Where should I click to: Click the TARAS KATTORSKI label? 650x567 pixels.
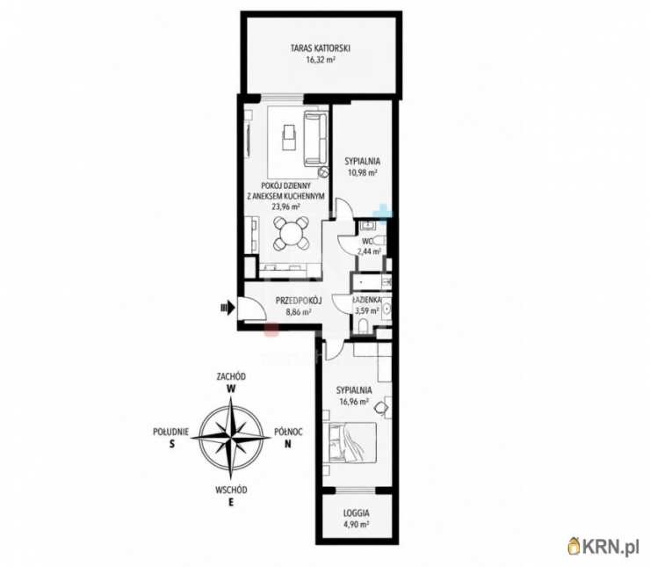click(x=321, y=48)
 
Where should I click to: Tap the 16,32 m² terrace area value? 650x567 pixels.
click(x=321, y=59)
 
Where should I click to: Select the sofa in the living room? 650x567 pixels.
click(x=316, y=139)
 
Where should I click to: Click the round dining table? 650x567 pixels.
click(x=292, y=233)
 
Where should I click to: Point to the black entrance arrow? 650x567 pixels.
click(x=228, y=308)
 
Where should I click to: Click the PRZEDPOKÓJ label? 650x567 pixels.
click(x=299, y=301)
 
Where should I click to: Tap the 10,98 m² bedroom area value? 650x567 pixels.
click(x=362, y=172)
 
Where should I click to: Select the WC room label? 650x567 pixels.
click(x=368, y=242)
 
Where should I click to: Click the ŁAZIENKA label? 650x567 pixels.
click(x=366, y=300)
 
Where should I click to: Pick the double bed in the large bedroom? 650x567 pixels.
click(x=353, y=442)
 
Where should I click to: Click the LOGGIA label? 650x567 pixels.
click(x=356, y=513)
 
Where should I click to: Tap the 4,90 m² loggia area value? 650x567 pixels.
click(x=356, y=524)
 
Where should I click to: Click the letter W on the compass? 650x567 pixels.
click(x=231, y=389)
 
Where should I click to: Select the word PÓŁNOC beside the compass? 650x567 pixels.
click(x=288, y=432)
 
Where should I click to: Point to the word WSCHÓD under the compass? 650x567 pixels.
click(x=231, y=490)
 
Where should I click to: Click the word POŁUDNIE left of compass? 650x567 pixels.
click(x=170, y=432)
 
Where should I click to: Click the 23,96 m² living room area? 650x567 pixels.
click(x=285, y=207)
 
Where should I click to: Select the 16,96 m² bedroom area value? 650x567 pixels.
click(x=354, y=402)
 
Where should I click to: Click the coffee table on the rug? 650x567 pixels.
click(x=288, y=137)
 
